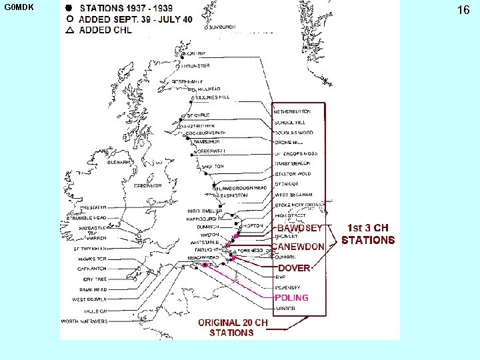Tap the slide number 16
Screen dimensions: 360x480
[463, 10]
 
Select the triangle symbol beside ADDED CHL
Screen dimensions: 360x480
[69, 30]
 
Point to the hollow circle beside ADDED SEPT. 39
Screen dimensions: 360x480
[69, 19]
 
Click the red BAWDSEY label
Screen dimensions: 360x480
[300, 228]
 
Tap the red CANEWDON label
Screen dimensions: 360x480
[298, 247]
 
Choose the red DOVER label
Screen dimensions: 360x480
[294, 268]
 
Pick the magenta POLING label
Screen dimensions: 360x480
[292, 297]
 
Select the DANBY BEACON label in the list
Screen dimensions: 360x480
[293, 163]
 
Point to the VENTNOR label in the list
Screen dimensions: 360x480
[285, 309]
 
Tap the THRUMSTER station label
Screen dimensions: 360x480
[194, 66]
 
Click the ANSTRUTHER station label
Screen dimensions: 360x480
[198, 125]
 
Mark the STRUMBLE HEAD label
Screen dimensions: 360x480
[86, 218]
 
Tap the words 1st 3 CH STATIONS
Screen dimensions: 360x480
[368, 233]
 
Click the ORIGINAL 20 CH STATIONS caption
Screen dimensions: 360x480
[233, 327]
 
